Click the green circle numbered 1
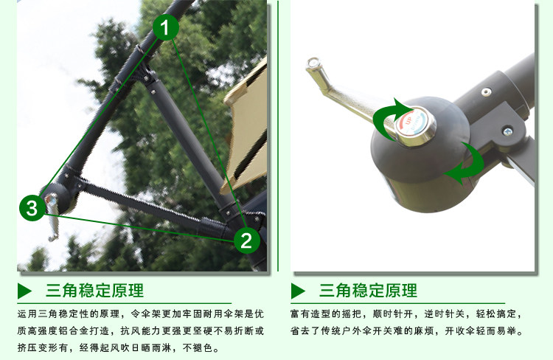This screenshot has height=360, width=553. tap(167, 28)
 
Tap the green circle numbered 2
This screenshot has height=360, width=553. tap(246, 239)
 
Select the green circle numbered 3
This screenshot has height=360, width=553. tap(32, 208)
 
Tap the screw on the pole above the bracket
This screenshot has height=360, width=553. tap(486, 92)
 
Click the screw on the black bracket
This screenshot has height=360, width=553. tap(507, 131)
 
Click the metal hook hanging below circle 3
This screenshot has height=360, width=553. tap(53, 224)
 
